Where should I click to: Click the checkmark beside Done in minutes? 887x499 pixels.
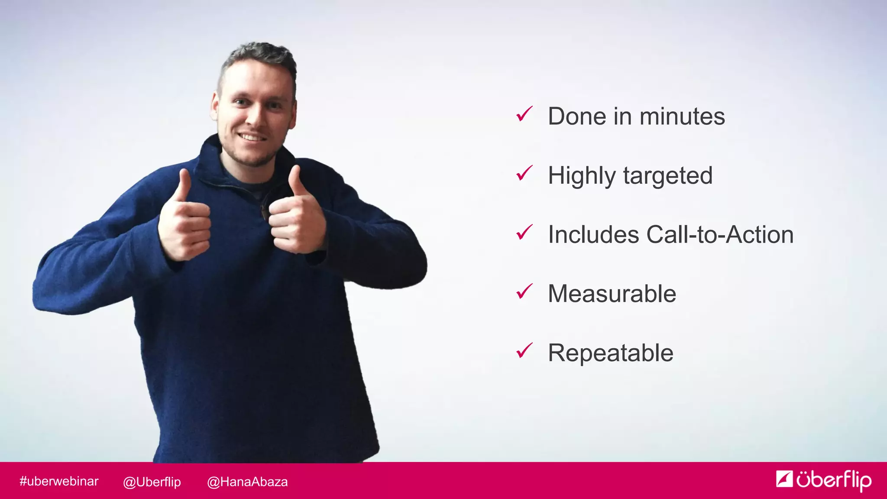pyautogui.click(x=524, y=114)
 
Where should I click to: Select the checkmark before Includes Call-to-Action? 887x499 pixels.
pyautogui.click(x=524, y=233)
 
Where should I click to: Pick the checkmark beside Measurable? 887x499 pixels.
pyautogui.click(x=524, y=292)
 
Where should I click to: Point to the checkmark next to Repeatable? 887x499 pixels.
pyautogui.click(x=524, y=351)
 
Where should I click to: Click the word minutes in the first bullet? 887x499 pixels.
pyautogui.click(x=682, y=117)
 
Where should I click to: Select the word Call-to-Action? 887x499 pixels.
pyautogui.click(x=720, y=235)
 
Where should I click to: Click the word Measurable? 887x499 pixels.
pyautogui.click(x=612, y=294)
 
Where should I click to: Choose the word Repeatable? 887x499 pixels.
pyautogui.click(x=610, y=353)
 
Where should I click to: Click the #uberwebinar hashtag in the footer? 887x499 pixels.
pyautogui.click(x=59, y=481)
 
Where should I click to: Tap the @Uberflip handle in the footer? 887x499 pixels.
pyautogui.click(x=152, y=482)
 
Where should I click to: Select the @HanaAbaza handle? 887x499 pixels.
pyautogui.click(x=247, y=482)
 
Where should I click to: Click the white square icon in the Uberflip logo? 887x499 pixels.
pyautogui.click(x=784, y=479)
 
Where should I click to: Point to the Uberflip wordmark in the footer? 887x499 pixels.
pyautogui.click(x=834, y=480)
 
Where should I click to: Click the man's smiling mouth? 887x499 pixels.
pyautogui.click(x=252, y=137)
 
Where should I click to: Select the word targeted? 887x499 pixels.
pyautogui.click(x=668, y=176)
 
